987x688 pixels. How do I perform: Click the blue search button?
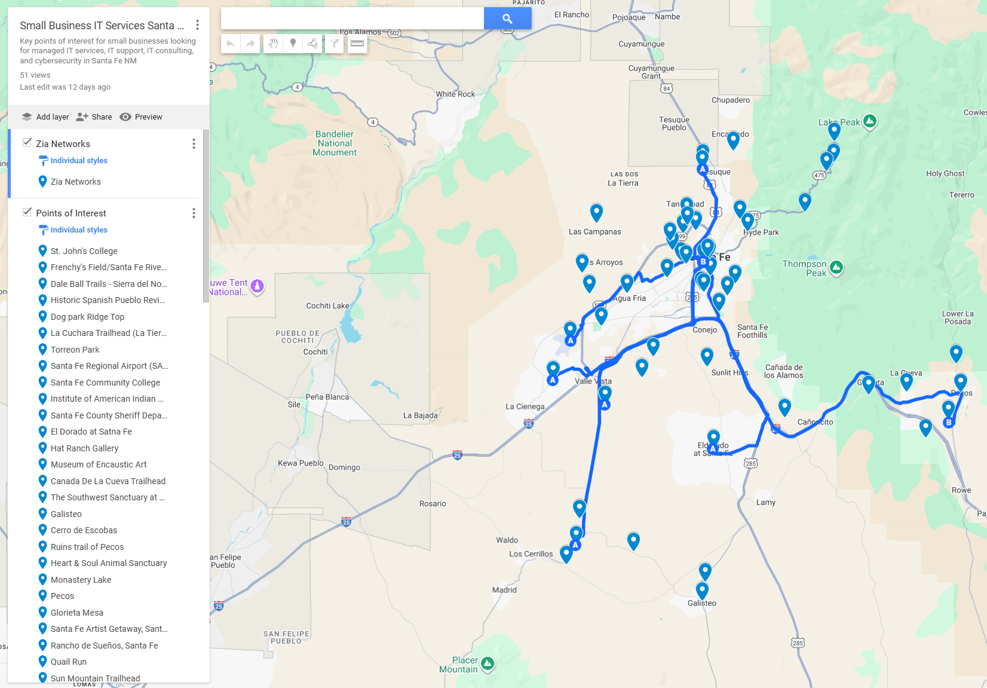coord(507,19)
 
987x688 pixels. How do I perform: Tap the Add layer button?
coord(45,117)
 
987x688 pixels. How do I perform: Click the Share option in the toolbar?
coord(94,117)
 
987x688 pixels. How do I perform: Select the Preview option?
coord(141,117)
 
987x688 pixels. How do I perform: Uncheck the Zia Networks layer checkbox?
coord(27,143)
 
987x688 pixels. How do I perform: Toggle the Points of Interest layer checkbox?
coord(27,212)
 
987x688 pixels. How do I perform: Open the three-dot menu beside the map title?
coord(197,25)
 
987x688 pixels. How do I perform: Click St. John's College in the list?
coord(84,251)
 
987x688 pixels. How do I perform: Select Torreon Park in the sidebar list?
coord(75,350)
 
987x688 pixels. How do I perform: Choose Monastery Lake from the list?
coord(81,580)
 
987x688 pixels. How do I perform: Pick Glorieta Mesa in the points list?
coord(76,613)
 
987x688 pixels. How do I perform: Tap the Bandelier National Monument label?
coord(335,143)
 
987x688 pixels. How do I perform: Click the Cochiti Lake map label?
coord(327,306)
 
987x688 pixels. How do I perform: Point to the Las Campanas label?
coord(594,232)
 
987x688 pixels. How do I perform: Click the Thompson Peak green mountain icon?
coord(836,267)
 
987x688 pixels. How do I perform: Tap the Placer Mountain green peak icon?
coord(488,663)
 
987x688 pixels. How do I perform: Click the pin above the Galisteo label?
coord(703,591)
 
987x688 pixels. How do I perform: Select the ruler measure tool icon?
coord(357,43)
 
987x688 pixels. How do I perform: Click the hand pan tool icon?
coord(273,43)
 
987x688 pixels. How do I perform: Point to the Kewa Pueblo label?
coord(301,463)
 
